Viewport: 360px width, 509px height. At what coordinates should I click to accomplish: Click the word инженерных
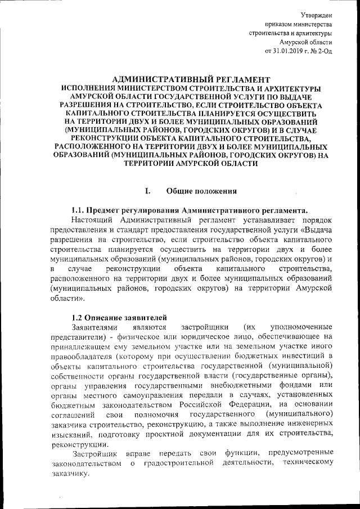[309, 426]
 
